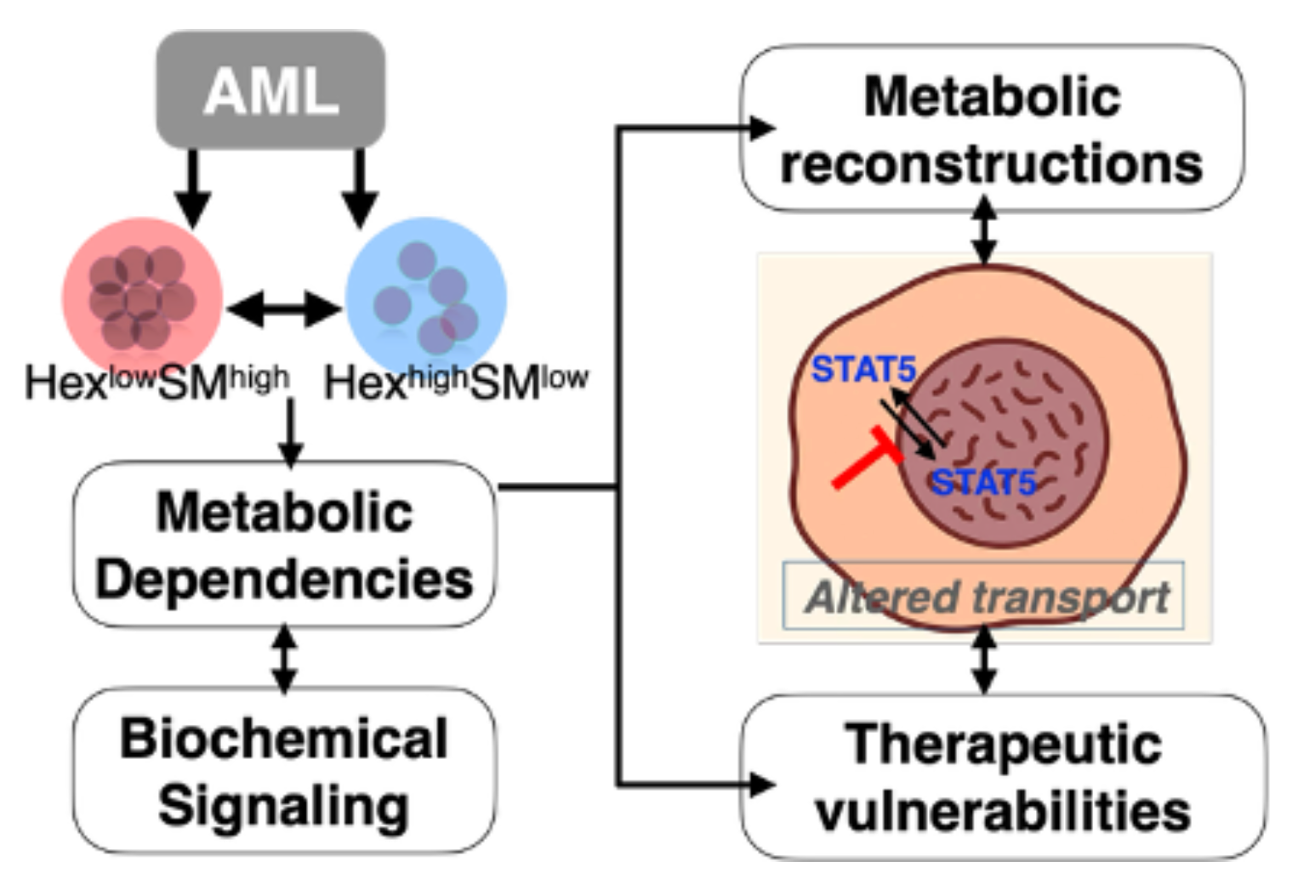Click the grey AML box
(270, 89)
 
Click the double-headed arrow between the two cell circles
(284, 308)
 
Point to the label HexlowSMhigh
(157, 382)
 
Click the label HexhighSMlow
(456, 382)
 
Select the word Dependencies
(284, 580)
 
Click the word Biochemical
(284, 738)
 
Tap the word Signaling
(284, 805)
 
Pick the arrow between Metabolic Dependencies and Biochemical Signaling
(284, 658)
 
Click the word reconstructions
(992, 163)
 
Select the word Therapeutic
(1004, 745)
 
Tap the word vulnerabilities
(1004, 812)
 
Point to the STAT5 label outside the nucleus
(863, 370)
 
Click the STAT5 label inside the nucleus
(983, 483)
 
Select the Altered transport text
(987, 597)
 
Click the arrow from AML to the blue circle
(360, 187)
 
